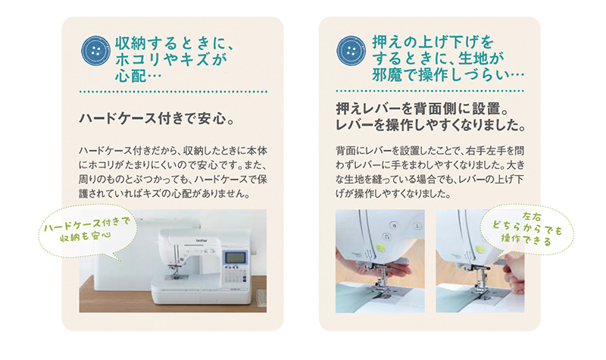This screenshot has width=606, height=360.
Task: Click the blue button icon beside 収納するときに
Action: click(96, 51)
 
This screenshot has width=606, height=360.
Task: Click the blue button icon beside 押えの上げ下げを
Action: click(351, 51)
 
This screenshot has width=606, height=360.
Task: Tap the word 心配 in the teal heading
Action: click(130, 75)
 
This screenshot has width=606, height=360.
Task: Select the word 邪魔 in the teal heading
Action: click(387, 74)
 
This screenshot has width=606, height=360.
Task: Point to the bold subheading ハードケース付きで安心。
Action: click(158, 118)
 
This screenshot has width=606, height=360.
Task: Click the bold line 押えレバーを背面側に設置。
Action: click(423, 108)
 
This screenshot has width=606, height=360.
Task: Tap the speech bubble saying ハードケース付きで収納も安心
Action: click(88, 232)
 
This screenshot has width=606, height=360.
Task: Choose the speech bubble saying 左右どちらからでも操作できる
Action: click(527, 230)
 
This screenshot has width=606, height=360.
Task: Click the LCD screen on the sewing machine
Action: click(236, 258)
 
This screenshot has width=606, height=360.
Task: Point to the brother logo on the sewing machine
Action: click(201, 240)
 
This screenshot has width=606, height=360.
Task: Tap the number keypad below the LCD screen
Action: click(234, 276)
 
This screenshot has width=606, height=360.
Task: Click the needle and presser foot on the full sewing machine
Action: click(176, 270)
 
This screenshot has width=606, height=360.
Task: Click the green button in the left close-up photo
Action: click(381, 247)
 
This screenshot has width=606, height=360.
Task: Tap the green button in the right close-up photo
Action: click(480, 249)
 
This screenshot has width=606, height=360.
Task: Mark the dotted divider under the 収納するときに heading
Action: click(173, 92)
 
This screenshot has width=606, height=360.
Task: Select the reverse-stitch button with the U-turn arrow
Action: click(386, 236)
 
